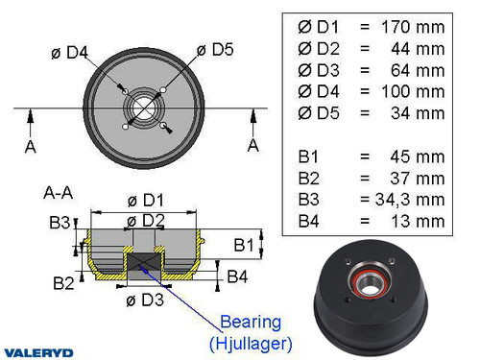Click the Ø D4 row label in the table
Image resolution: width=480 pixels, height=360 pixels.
pos(320,91)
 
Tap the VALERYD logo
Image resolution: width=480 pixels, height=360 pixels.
pos(39,351)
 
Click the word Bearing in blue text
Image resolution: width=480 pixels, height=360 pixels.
pos(251,321)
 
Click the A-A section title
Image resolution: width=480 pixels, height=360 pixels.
pos(58,191)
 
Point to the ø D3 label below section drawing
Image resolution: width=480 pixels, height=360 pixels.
pos(144,300)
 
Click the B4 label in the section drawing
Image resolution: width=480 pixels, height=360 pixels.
pos(239,277)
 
